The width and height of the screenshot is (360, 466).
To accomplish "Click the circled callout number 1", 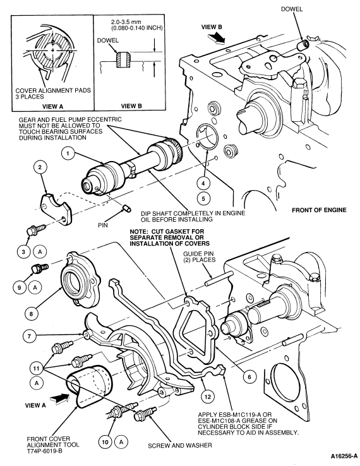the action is pos(68,153).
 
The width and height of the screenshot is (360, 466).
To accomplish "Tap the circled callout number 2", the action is pos(40,167).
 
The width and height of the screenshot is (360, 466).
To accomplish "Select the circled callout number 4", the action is pos(203,183).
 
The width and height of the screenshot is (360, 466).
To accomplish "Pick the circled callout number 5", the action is pos(203,198).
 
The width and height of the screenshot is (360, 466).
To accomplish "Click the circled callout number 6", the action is pos(249,377).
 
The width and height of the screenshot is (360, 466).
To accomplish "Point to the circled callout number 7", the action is pos(29,336).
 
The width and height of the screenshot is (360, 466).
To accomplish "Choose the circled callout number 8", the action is pos(32,313).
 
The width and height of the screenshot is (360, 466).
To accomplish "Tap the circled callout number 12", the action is pos(208,396).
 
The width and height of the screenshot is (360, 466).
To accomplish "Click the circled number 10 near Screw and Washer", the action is pos(105,442).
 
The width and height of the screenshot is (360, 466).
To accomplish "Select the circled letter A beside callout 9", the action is pos(35,287).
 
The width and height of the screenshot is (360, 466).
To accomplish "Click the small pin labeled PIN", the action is pos(126,208).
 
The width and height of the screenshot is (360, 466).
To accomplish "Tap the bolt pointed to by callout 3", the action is pos(35,230).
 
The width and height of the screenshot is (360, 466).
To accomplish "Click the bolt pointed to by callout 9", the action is pos(39,268).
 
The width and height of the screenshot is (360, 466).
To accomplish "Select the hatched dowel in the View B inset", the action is pos(123,60).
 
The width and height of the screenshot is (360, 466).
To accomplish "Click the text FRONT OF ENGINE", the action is pos(319,210).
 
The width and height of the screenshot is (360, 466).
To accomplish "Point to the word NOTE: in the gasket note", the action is pos(140,231).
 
